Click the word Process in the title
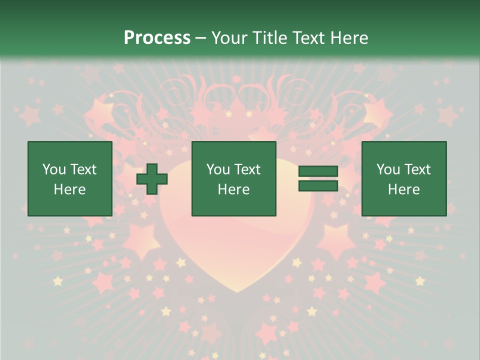[x=157, y=38]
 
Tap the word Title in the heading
[x=270, y=38]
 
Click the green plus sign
[x=152, y=179]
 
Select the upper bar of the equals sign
[x=318, y=171]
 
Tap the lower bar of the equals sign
[x=318, y=185]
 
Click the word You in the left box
[x=54, y=169]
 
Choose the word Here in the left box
[x=69, y=189]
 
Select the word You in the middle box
[x=218, y=169]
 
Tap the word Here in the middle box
[x=233, y=189]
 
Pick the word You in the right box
[x=388, y=169]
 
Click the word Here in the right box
[x=403, y=189]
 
